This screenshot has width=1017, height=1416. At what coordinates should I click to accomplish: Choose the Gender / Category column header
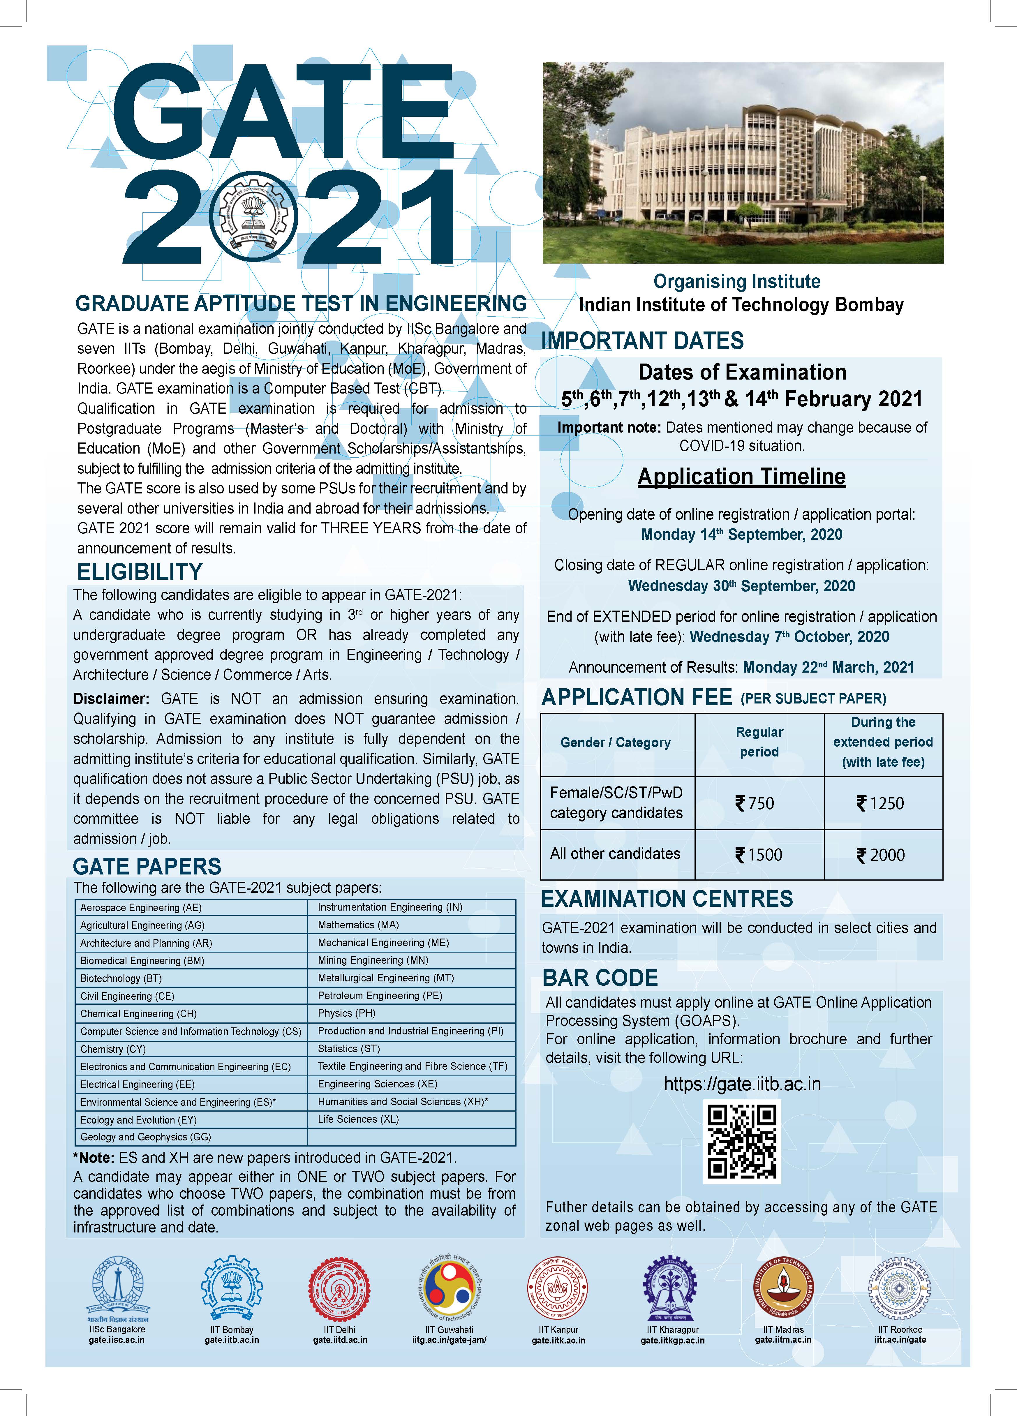[x=616, y=742]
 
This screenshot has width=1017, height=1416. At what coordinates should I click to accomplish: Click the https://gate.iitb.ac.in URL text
[x=742, y=1084]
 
